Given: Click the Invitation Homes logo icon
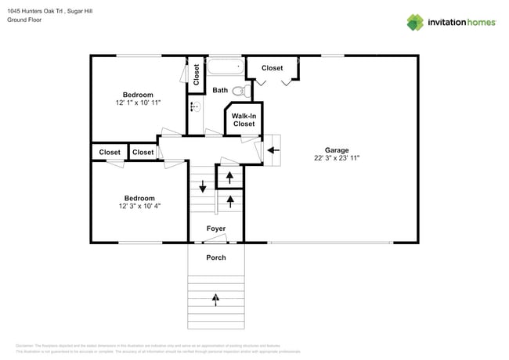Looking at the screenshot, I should (x=415, y=23).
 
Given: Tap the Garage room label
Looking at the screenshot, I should (x=337, y=150).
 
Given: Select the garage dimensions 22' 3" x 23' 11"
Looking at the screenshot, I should (x=337, y=158).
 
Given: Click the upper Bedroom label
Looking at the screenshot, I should (x=138, y=95).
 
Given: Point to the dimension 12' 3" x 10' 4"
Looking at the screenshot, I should (x=139, y=206).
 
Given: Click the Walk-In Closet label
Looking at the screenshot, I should (x=244, y=120).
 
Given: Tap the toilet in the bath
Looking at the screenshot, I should (x=239, y=92).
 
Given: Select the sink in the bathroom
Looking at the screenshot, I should (x=194, y=106).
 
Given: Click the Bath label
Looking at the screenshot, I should (x=220, y=91).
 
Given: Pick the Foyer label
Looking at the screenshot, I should (x=216, y=229).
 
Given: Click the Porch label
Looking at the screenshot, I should (x=216, y=257).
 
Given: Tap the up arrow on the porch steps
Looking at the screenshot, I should (x=216, y=298).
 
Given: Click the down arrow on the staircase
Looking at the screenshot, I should (x=203, y=186).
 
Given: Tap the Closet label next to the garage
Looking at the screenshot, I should (x=272, y=68).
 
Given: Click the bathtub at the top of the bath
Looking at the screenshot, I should (x=226, y=66).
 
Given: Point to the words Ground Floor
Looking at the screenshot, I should (x=25, y=20).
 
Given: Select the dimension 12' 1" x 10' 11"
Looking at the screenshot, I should (x=138, y=103).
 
